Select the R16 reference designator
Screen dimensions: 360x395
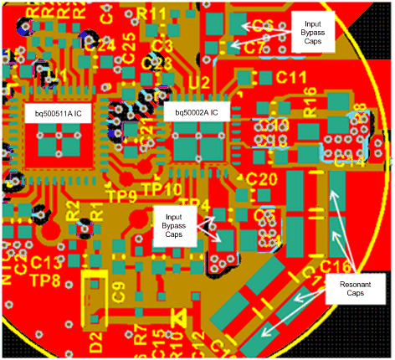coord(310,106)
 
